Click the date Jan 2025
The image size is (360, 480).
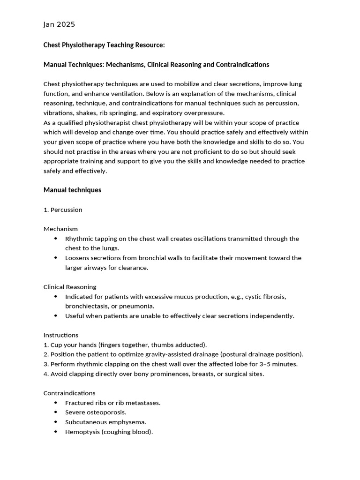(59, 24)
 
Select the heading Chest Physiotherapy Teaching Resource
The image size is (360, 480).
(104, 45)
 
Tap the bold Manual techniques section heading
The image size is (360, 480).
(72, 190)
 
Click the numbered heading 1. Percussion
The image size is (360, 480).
(63, 210)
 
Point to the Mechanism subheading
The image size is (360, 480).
(60, 229)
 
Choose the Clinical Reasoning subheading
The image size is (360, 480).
(70, 287)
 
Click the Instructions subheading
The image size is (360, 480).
(61, 335)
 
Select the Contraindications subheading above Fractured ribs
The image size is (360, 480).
(69, 393)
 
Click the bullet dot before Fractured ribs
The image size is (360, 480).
(56, 403)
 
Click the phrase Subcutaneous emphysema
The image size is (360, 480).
(105, 422)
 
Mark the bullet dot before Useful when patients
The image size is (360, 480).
(56, 316)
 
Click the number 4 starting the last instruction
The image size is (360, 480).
(45, 374)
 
